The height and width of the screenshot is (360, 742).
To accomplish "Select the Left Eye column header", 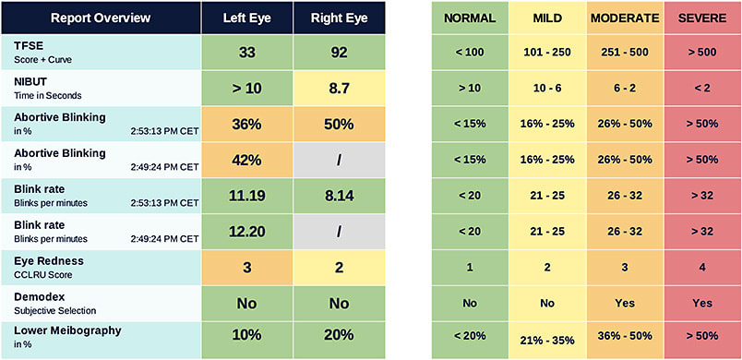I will (246, 18).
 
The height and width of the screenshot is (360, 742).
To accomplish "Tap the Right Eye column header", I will (339, 18).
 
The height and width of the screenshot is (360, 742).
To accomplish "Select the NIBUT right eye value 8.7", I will (339, 90).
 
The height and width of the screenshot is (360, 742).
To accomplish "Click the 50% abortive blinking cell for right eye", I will (339, 125).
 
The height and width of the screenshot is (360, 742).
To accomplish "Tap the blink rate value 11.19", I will (246, 196).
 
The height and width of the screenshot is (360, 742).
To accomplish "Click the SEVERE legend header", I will (702, 18).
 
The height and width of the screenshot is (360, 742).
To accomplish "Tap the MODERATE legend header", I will (625, 18).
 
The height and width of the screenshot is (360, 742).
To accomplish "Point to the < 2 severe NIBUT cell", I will (702, 90).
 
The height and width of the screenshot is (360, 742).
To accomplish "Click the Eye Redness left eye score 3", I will (246, 268).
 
